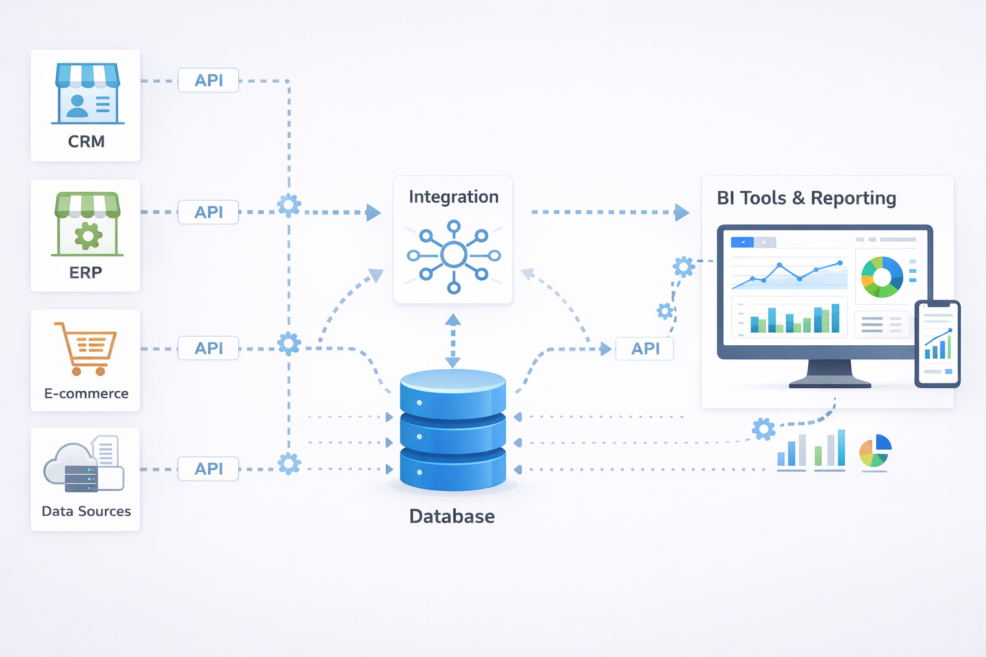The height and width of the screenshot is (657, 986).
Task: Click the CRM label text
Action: (86, 141)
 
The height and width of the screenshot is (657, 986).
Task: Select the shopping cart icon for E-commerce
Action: (86, 348)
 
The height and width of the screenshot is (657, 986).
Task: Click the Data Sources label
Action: (86, 511)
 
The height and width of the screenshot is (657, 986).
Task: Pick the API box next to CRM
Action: (209, 80)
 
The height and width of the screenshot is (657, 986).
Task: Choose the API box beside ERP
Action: (209, 212)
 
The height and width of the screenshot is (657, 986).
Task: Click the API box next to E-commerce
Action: (209, 348)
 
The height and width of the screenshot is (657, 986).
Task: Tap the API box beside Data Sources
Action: (209, 468)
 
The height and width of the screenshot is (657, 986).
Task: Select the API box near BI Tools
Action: (644, 348)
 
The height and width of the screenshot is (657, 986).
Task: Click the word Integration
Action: (453, 196)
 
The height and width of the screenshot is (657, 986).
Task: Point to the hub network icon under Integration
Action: (453, 255)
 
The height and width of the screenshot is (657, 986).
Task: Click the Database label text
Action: (452, 516)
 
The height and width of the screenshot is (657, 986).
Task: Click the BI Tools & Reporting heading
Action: (806, 198)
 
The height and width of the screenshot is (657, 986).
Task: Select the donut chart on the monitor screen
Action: (882, 277)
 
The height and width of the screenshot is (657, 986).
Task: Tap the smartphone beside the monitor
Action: (937, 344)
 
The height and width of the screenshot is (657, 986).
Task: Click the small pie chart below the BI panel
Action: (876, 450)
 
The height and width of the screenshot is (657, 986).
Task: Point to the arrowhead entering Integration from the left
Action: (373, 212)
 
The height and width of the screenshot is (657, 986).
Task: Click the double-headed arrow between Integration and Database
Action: (453, 341)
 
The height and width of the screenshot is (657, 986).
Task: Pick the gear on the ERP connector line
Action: (289, 205)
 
